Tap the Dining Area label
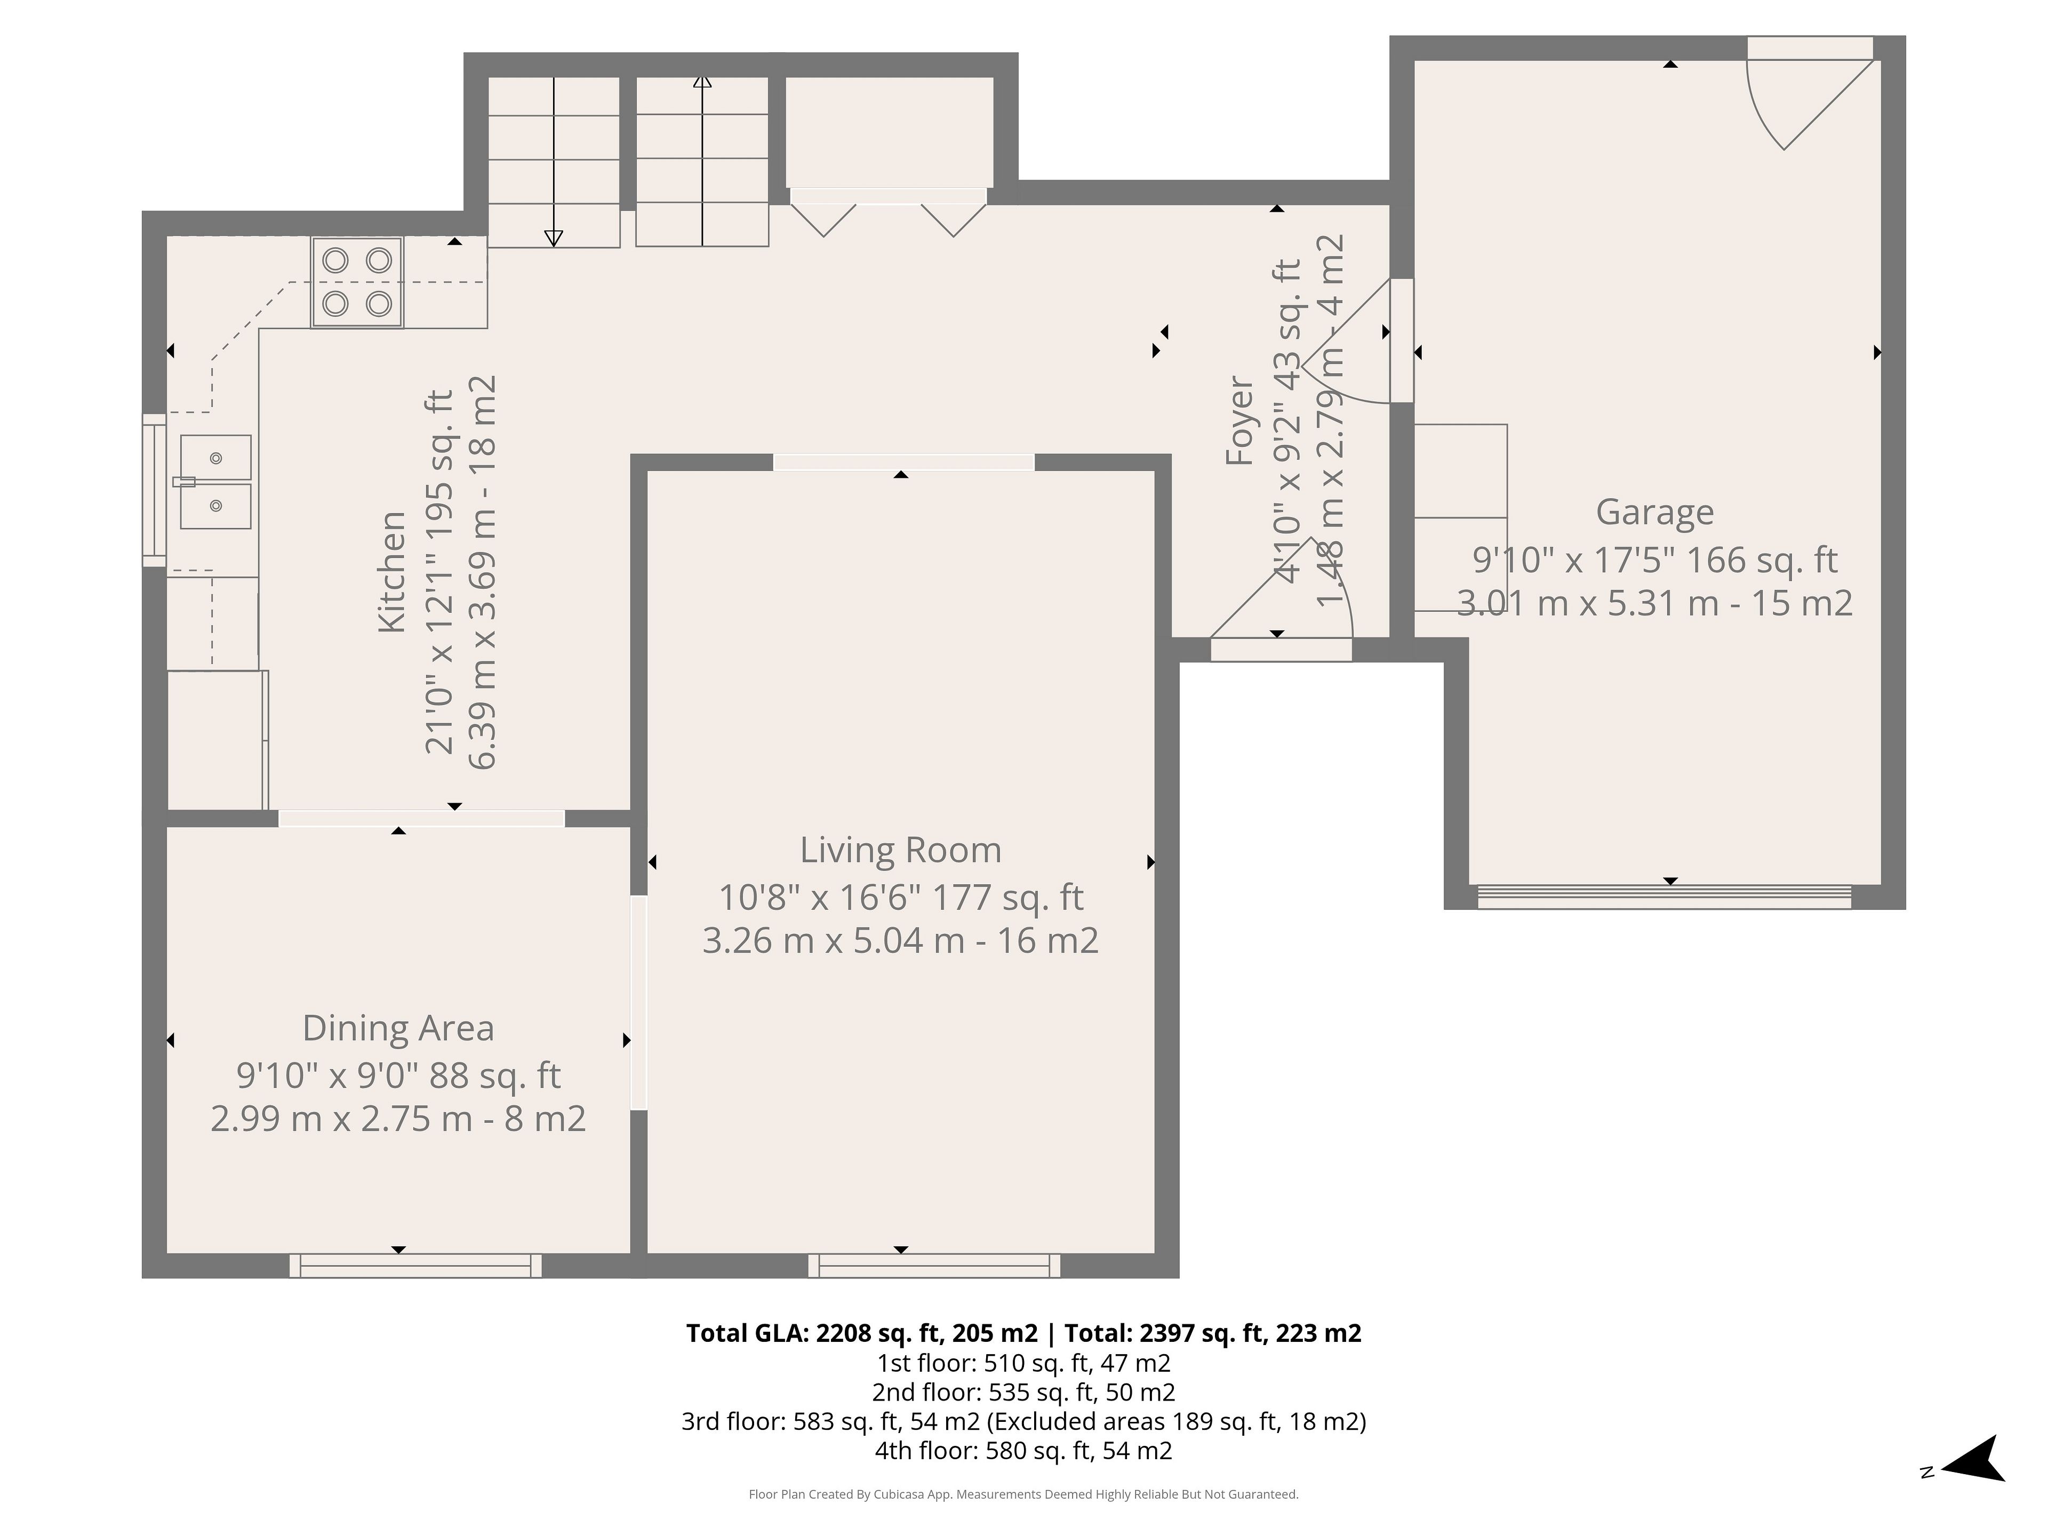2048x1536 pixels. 398,1028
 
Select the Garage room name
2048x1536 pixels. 1654,512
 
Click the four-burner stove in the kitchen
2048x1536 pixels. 357,282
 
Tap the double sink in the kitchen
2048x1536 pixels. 215,482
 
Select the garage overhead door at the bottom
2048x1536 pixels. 1664,896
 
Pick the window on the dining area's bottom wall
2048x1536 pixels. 415,1266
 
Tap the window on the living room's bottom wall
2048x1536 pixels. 934,1266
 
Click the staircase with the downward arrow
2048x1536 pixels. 554,162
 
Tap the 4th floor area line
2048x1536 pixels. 1023,1450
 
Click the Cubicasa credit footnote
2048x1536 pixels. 1023,1494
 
